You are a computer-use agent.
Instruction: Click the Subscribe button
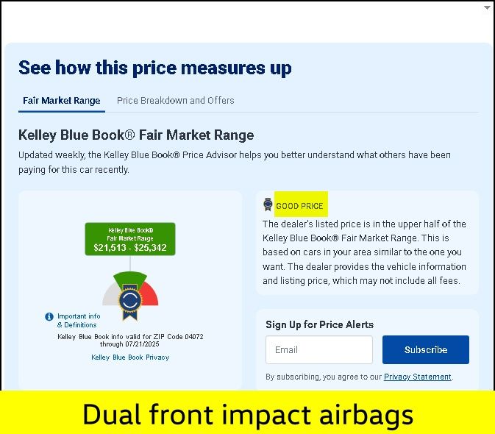tap(426, 349)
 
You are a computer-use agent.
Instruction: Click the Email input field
tap(319, 349)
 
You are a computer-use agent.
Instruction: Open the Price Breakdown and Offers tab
tap(176, 100)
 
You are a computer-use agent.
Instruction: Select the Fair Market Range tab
tap(62, 100)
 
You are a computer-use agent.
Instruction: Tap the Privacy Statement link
tap(417, 377)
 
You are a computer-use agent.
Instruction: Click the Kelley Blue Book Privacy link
tap(130, 357)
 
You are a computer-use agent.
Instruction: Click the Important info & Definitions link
tap(79, 321)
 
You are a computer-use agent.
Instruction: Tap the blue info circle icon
tap(49, 316)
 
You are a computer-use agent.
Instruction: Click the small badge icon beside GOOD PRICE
tap(268, 204)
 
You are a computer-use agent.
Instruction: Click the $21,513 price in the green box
tap(110, 247)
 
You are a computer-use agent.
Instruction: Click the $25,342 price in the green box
tap(150, 247)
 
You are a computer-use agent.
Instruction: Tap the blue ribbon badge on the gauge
tap(129, 302)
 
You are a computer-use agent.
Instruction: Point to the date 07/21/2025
tap(142, 344)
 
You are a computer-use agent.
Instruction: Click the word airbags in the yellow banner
tap(366, 415)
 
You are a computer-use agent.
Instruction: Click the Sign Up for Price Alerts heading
tap(319, 324)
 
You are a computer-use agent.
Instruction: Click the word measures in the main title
tap(223, 68)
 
